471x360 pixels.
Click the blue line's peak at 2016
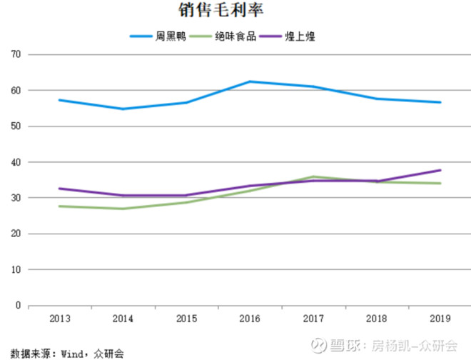tap(249, 81)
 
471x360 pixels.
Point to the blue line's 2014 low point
tap(122, 109)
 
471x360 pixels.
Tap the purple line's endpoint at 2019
tap(440, 170)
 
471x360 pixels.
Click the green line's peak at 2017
tap(313, 176)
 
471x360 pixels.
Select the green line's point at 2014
tap(122, 209)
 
